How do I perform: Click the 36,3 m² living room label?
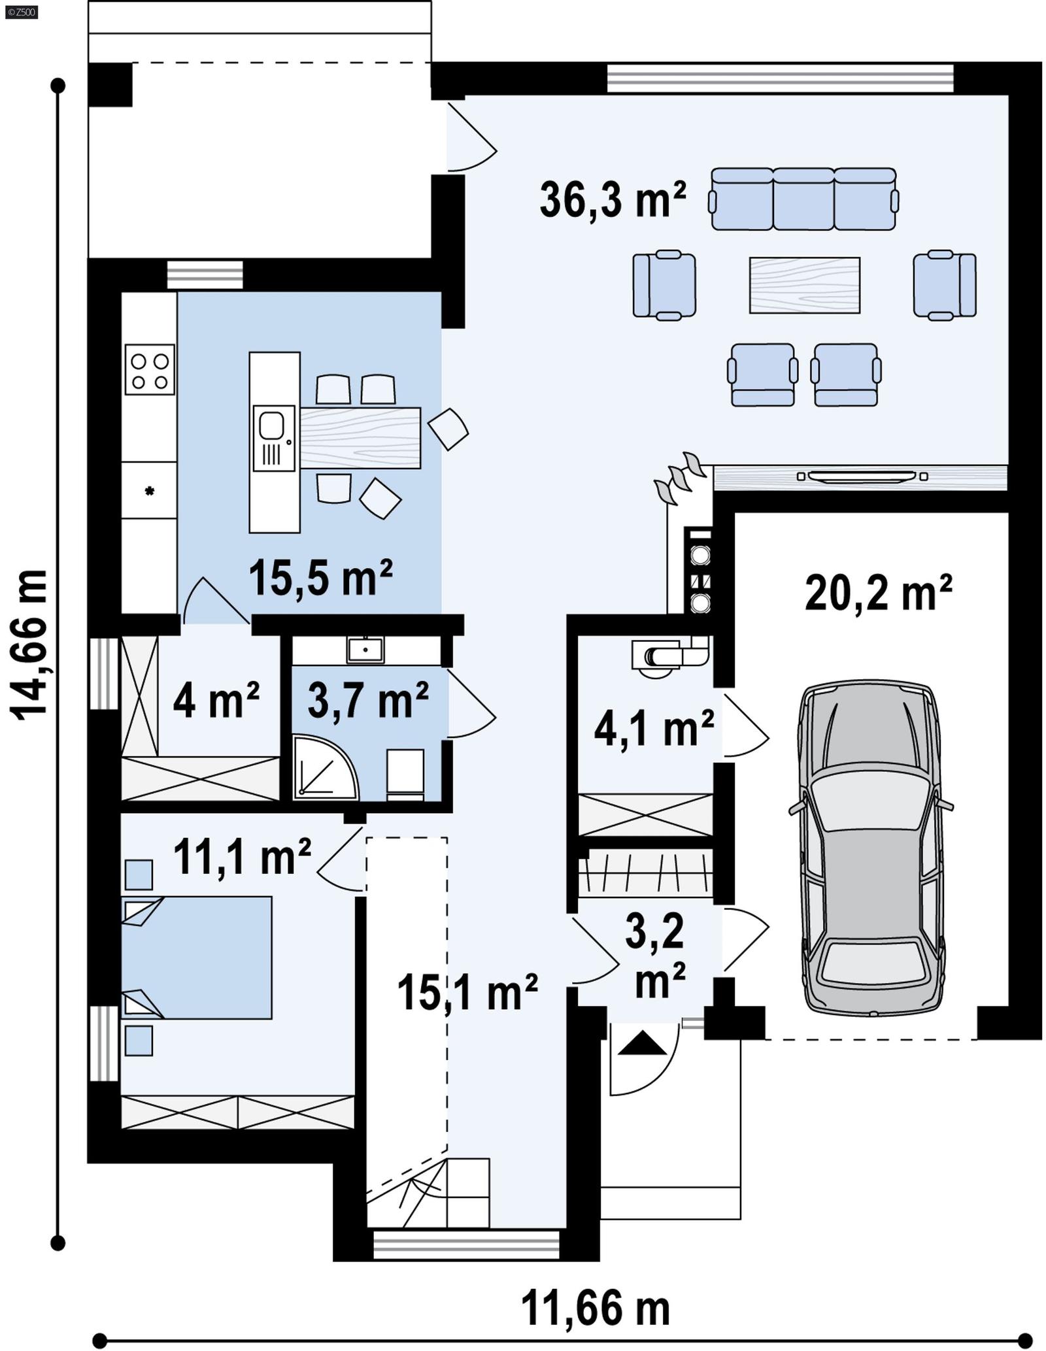(x=613, y=200)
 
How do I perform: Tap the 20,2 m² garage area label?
(x=878, y=593)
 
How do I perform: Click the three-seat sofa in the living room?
(x=803, y=199)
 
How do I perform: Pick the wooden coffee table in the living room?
(x=804, y=285)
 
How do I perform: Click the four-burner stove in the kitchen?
(x=150, y=369)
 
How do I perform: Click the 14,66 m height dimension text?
(x=31, y=644)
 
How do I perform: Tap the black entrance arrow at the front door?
(x=642, y=1042)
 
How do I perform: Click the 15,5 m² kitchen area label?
(x=320, y=578)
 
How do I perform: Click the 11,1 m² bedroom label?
(x=242, y=857)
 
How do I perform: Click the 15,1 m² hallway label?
(x=467, y=992)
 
